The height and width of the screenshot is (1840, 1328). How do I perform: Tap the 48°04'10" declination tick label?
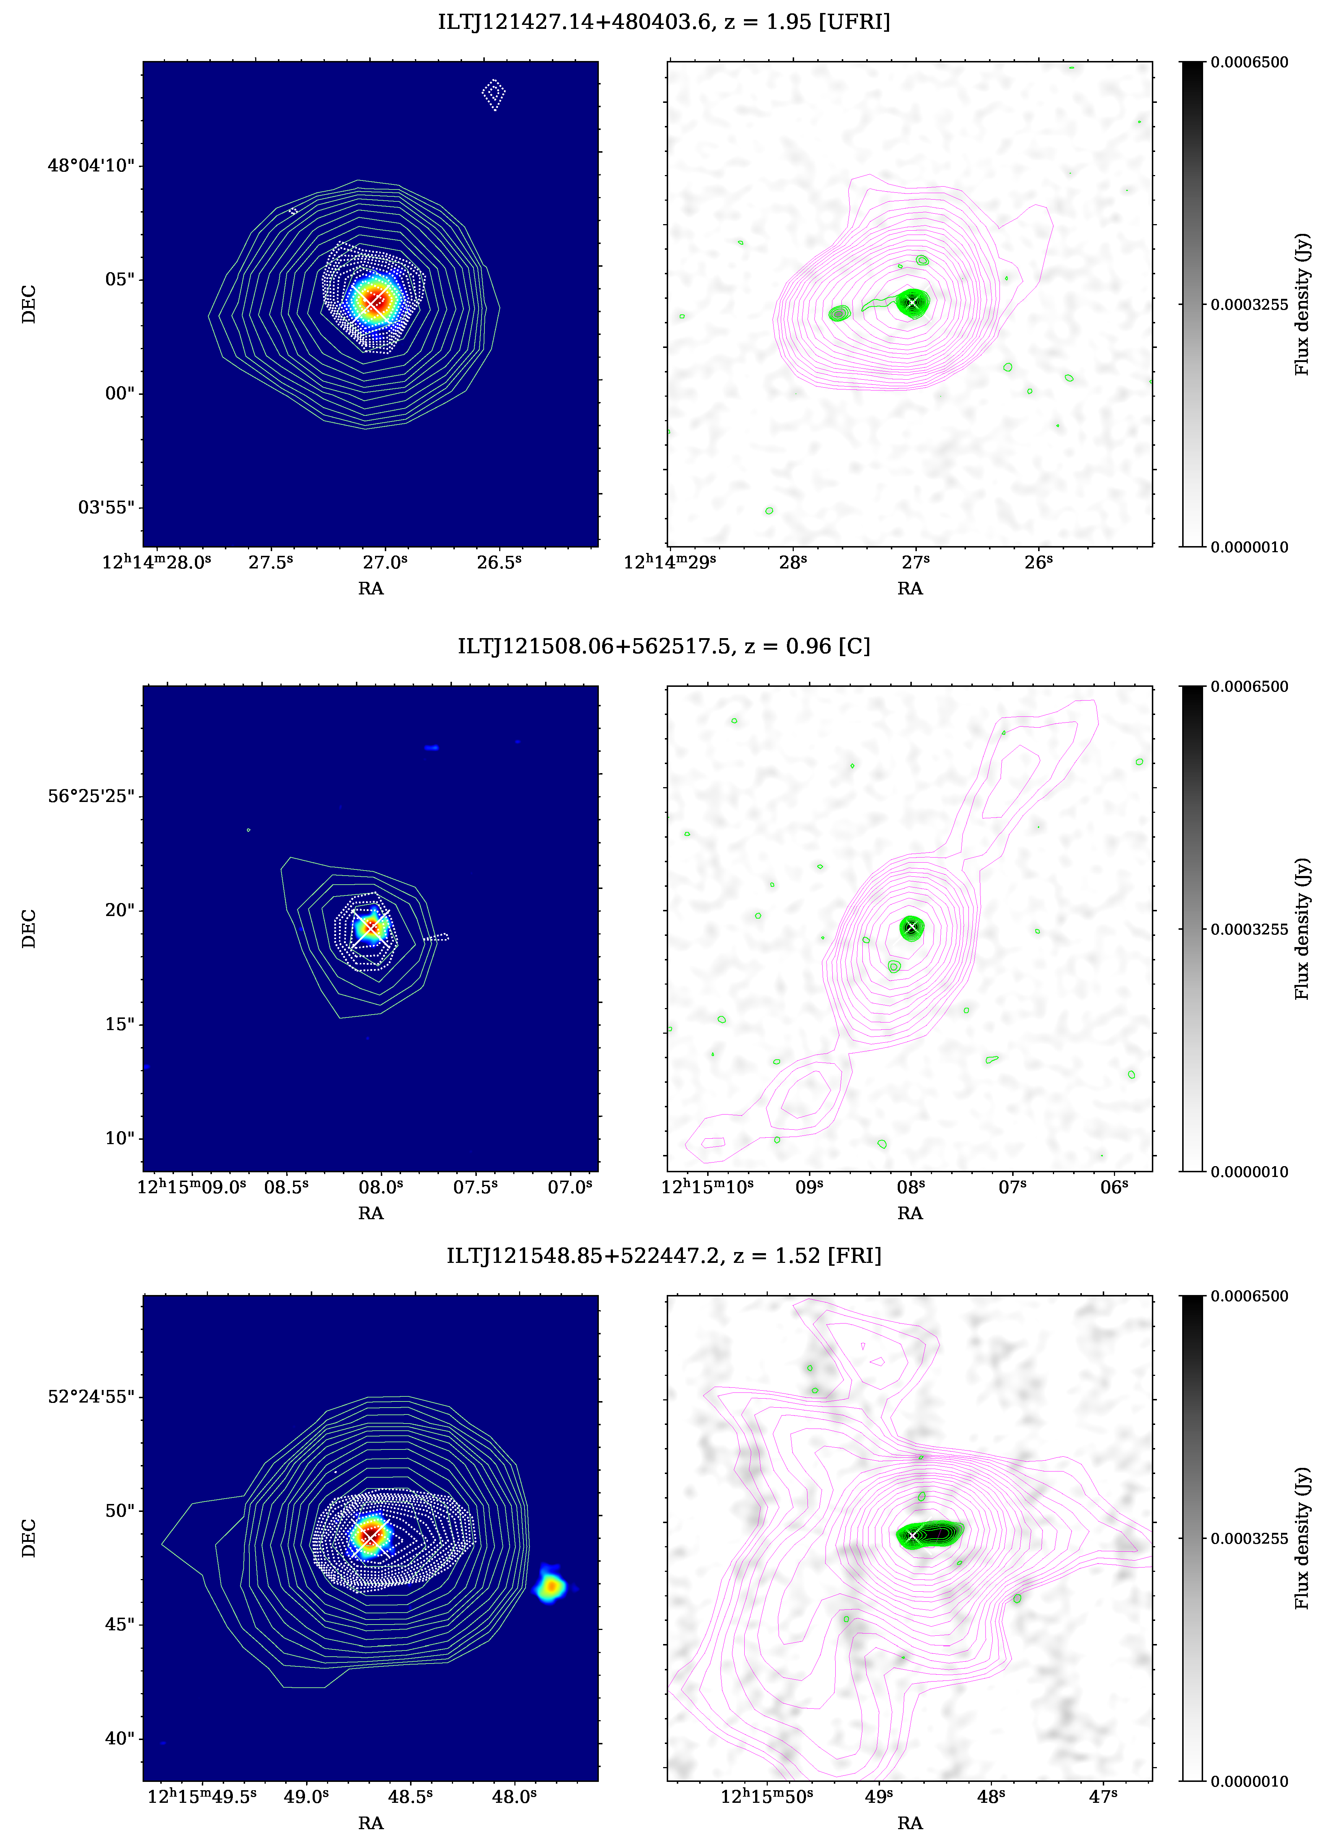click(x=91, y=166)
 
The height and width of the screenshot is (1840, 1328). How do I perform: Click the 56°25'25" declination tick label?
click(x=91, y=796)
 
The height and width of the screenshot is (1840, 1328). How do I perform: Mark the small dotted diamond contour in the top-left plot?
click(x=493, y=94)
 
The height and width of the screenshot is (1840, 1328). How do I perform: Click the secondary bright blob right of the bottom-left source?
click(x=551, y=1586)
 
